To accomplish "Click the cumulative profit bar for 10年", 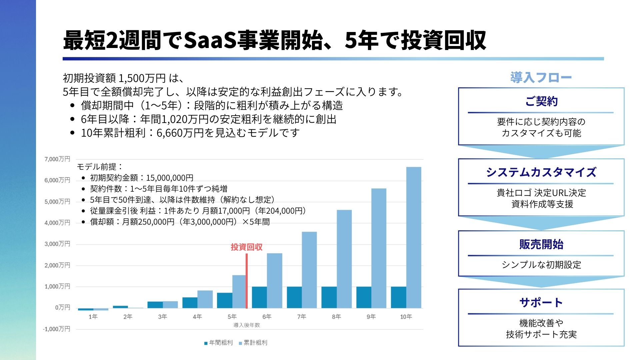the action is tap(414, 237).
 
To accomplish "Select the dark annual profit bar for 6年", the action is tap(259, 297).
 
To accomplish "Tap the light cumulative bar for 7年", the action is tap(309, 270).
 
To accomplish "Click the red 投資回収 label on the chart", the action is tap(247, 247).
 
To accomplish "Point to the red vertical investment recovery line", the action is tap(247, 281).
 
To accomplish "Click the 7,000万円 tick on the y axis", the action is tap(57, 159).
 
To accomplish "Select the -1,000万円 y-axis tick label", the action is tap(57, 329).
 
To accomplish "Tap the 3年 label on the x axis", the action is tap(162, 317).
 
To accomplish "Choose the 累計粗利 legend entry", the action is tap(253, 343).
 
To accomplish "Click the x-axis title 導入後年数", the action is tap(247, 325).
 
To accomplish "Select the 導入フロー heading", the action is tap(541, 77).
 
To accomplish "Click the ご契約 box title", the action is tap(541, 101).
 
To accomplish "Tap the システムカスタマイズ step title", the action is tap(541, 172).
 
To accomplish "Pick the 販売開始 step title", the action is tap(541, 244).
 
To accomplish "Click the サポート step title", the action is tap(541, 302).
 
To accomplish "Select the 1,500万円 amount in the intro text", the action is tap(142, 78).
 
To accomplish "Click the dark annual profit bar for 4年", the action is tap(190, 303).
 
